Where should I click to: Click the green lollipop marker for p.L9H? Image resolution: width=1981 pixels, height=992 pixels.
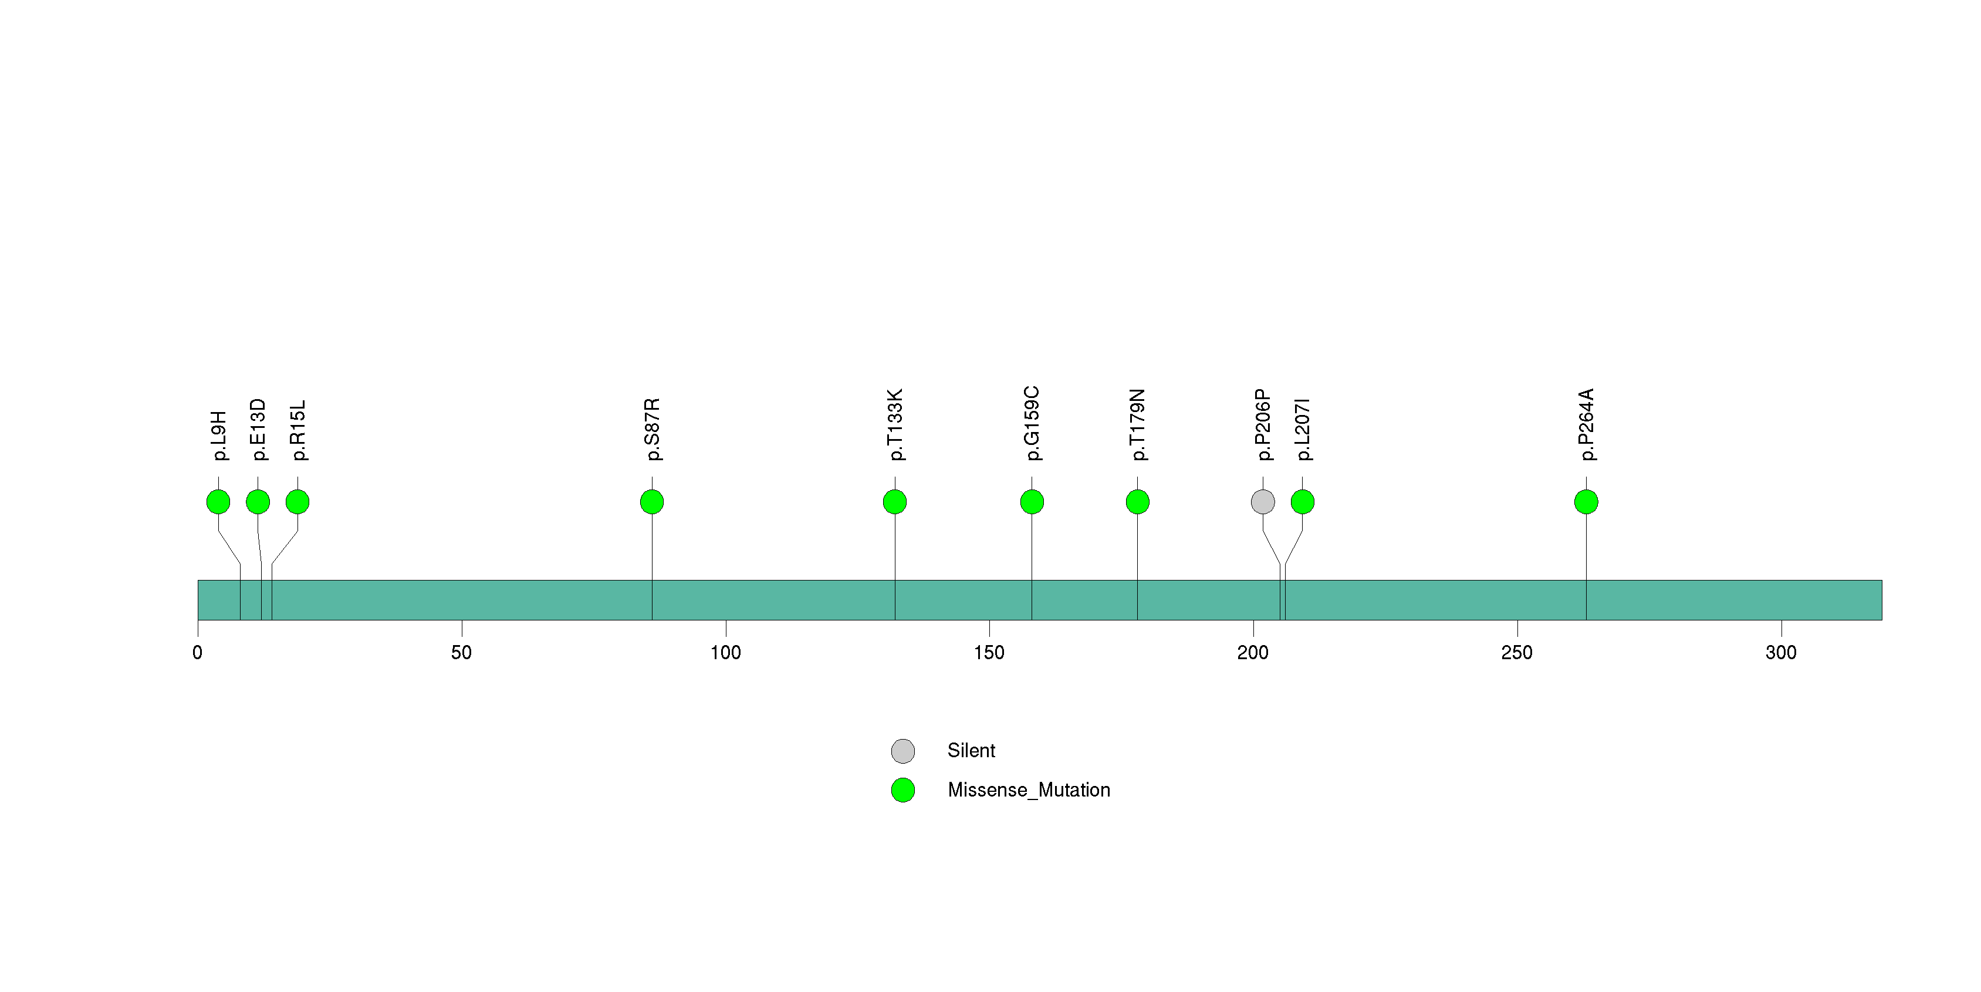point(218,502)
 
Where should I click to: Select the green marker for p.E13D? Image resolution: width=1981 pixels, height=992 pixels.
point(258,502)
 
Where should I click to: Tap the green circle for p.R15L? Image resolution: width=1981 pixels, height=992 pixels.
point(298,502)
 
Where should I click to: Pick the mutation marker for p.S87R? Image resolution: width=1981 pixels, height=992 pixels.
point(652,502)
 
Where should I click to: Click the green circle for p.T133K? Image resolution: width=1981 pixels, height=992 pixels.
point(894,502)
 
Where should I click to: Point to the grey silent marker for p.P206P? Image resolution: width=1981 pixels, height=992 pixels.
point(1263,502)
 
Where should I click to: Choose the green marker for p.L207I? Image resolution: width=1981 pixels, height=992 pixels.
point(1302,502)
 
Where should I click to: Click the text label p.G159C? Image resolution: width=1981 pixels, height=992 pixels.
point(1032,424)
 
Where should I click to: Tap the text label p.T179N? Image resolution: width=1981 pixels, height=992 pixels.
point(1137,424)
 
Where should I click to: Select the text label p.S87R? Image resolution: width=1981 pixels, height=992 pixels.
point(652,429)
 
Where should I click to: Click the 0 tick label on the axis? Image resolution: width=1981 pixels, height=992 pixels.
point(198,653)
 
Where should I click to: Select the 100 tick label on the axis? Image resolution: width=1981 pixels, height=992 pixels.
point(725,653)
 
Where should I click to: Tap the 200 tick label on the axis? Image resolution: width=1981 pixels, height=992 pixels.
point(1253,653)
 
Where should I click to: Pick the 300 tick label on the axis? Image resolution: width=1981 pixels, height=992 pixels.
point(1781,653)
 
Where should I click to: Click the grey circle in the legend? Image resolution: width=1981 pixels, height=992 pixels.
point(903,751)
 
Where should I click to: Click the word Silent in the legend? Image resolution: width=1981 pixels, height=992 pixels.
point(971,751)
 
